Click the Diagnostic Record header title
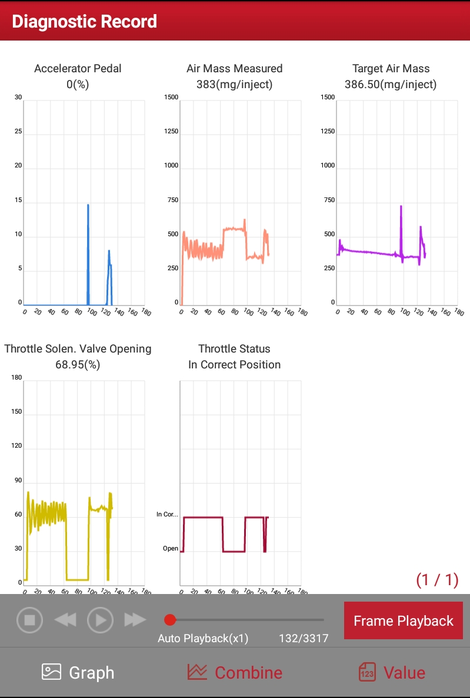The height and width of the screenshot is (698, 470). [84, 22]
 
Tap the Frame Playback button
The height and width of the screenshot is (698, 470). [403, 621]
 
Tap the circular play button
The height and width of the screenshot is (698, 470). [100, 619]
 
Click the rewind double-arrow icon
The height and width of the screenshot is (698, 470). [65, 619]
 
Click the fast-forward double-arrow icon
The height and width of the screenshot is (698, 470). [135, 619]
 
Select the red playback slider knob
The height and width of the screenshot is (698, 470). [170, 619]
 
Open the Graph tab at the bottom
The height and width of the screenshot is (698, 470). [78, 673]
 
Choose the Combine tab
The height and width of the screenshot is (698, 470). [235, 673]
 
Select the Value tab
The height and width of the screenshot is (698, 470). [392, 673]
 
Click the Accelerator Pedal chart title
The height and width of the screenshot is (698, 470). [78, 69]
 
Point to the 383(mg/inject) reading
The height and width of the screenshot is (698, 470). [234, 85]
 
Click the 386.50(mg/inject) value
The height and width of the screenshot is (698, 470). [391, 85]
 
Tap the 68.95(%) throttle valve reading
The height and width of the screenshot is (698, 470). [78, 365]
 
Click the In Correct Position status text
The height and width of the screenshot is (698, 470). [234, 365]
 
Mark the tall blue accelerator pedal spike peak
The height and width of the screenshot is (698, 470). [88, 205]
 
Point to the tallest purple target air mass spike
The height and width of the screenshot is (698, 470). [401, 207]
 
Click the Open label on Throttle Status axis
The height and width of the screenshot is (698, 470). [171, 549]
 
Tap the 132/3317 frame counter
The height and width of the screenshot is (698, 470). [304, 639]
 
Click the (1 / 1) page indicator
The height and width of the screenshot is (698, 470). [437, 580]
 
